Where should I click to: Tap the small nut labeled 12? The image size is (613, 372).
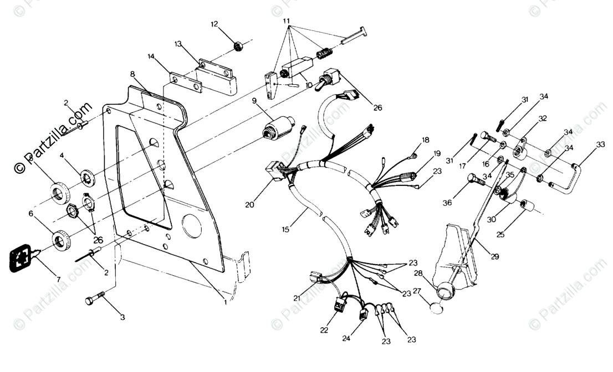click(x=238, y=45)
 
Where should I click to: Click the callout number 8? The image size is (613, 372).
click(x=132, y=74)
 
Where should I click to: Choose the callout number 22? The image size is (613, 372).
click(x=324, y=330)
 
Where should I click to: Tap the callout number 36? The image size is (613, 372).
click(x=447, y=203)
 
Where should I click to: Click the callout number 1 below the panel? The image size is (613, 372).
click(x=225, y=302)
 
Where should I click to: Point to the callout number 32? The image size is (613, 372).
click(x=543, y=118)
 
